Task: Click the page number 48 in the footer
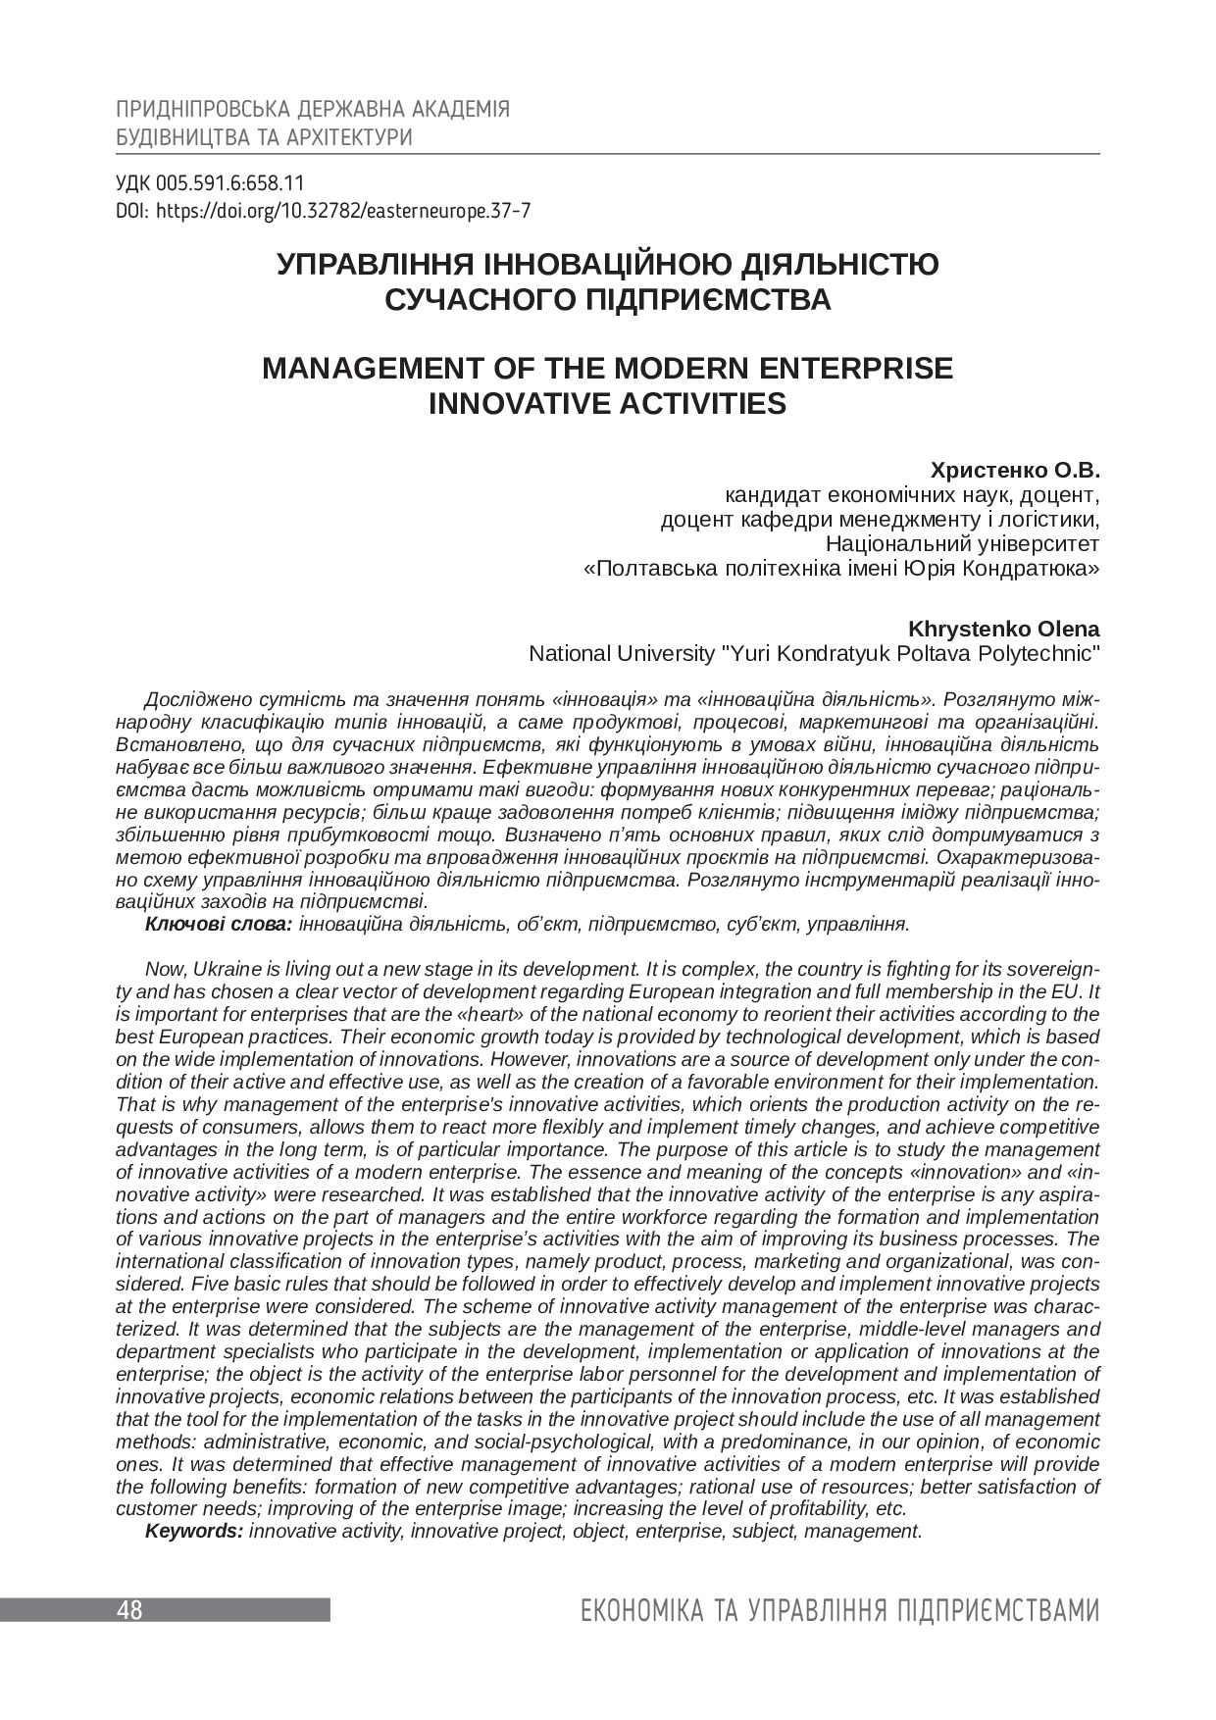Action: pos(129,1610)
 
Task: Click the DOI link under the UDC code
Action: pos(343,210)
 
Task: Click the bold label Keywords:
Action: pos(194,1531)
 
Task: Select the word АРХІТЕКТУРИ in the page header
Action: pos(349,137)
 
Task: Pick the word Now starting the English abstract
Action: pos(162,969)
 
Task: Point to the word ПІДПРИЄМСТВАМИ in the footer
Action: pos(998,1611)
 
